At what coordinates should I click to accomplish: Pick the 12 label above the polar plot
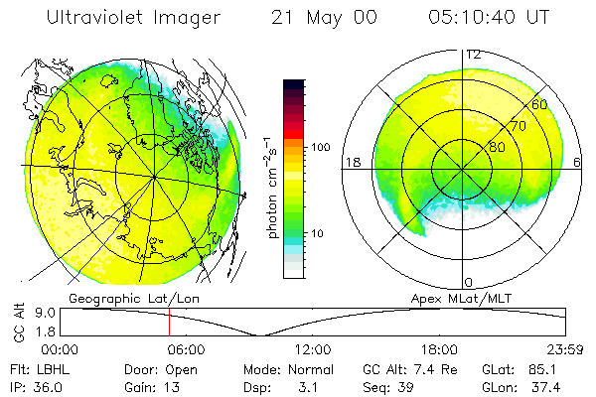[x=474, y=55]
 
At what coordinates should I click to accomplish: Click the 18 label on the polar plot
[x=351, y=162]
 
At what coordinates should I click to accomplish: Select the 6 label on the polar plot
[x=579, y=162]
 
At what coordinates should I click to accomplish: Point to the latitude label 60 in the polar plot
[x=540, y=103]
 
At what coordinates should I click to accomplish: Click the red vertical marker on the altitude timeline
[x=170, y=323]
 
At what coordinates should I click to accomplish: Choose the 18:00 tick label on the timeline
[x=440, y=349]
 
